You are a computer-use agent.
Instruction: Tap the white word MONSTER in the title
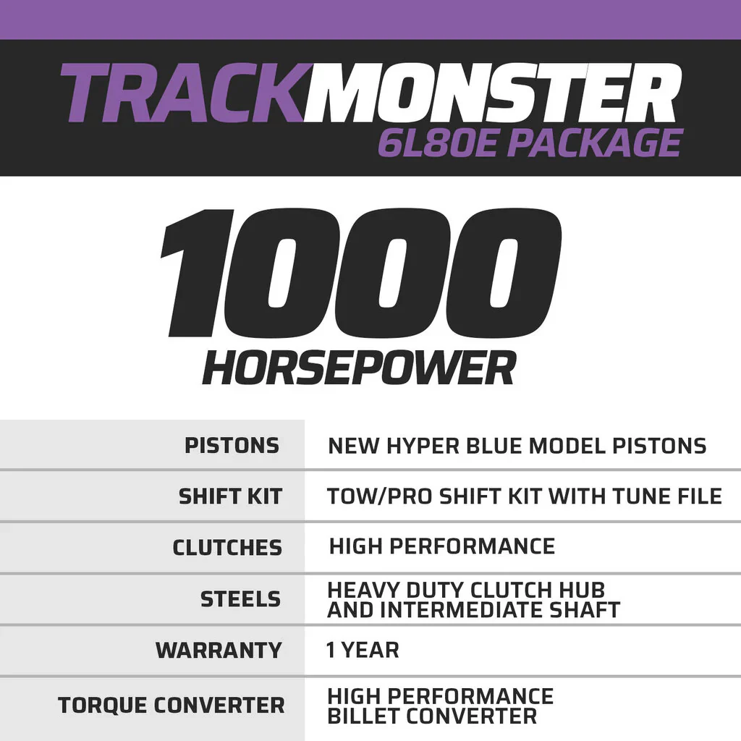(x=492, y=93)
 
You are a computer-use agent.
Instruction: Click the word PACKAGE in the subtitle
(x=595, y=143)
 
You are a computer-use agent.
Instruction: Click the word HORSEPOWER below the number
(x=359, y=368)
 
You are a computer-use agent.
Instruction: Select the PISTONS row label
(x=232, y=446)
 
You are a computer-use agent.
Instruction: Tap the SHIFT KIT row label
(x=230, y=496)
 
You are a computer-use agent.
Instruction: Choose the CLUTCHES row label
(x=227, y=548)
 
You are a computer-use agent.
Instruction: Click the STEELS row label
(x=240, y=599)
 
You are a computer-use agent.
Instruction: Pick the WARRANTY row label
(x=219, y=651)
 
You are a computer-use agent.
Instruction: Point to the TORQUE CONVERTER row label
(x=171, y=705)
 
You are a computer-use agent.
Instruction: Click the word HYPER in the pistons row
(x=423, y=446)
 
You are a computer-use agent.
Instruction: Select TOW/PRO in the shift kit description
(x=379, y=496)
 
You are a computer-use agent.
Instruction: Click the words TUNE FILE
(x=667, y=496)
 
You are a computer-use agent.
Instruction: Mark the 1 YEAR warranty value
(x=363, y=651)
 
